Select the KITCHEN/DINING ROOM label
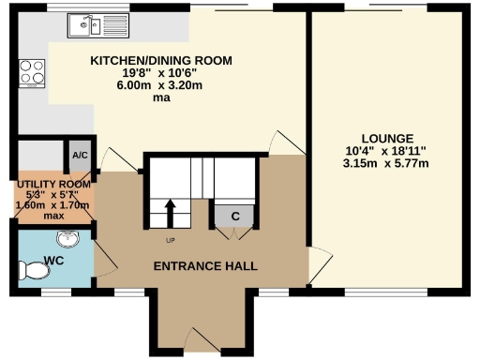pos(160,61)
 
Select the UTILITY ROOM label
pos(52,185)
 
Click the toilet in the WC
pos(35,272)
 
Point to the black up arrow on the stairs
pos(171,212)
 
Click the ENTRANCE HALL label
pos(206,266)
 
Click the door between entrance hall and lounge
pos(319,268)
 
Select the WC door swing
pos(104,253)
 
